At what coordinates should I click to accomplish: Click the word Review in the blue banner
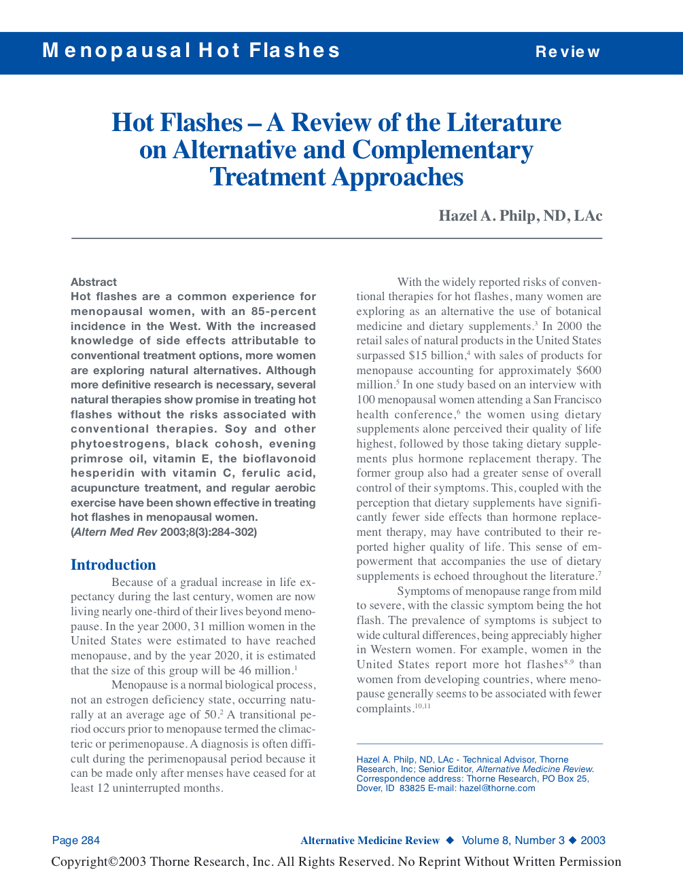[567, 52]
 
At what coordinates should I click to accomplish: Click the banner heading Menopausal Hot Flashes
[191, 51]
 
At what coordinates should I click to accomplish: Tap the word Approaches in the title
[398, 177]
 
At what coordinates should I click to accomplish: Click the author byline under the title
[520, 216]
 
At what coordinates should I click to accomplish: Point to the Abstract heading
[94, 282]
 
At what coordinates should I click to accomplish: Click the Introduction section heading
[113, 565]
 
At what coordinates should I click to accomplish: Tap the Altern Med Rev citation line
[164, 532]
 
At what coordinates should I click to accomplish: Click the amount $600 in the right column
[588, 370]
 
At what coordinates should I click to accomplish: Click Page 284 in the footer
[76, 841]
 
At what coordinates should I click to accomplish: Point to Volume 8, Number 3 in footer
[513, 841]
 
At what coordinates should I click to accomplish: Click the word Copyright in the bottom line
[80, 862]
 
